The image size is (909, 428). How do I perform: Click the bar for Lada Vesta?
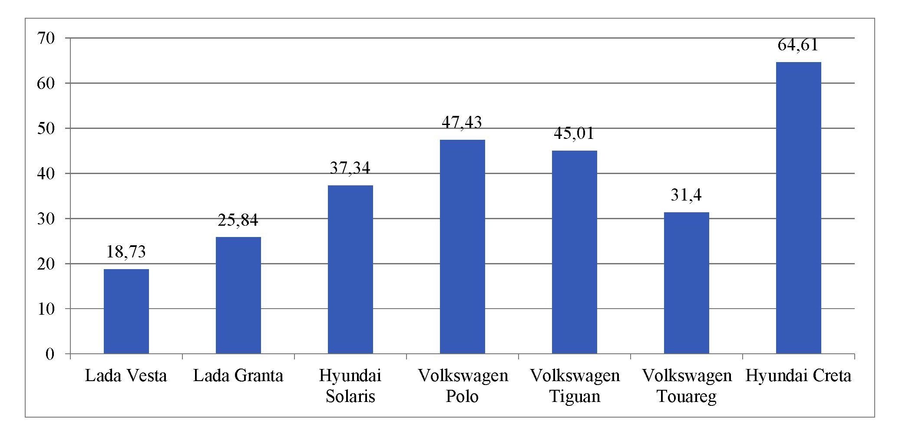tap(126, 311)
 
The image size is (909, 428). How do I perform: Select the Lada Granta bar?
tap(238, 295)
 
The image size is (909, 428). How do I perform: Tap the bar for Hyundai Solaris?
tap(350, 269)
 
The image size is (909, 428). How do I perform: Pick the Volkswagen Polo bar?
tap(463, 247)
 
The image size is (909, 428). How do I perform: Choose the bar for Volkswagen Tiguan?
tap(575, 252)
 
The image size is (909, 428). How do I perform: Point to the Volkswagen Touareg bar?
tap(687, 283)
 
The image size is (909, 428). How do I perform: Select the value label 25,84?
tap(238, 221)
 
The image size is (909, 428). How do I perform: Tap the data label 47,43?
tap(462, 123)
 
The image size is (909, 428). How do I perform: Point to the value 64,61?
tap(798, 45)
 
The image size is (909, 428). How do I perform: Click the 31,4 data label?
tap(686, 195)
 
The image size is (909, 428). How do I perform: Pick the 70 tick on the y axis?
tap(46, 39)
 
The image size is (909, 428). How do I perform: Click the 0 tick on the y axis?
tap(50, 354)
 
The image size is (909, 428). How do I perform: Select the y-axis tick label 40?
tap(46, 174)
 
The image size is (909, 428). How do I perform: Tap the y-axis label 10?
tap(46, 309)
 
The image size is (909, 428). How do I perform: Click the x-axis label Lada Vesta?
tap(126, 376)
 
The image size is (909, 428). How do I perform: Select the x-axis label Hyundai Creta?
tap(798, 376)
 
